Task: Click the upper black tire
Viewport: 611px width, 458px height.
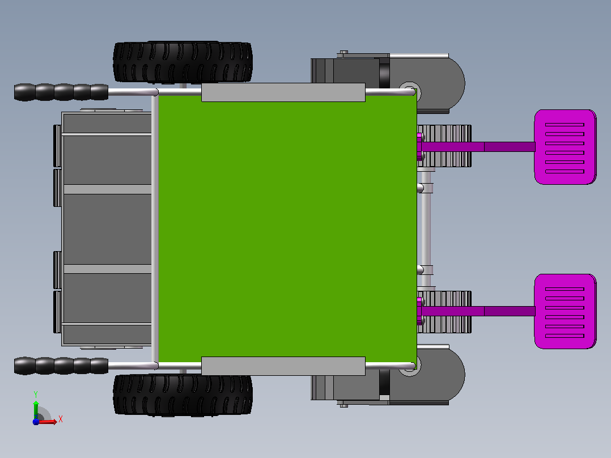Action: [x=183, y=62]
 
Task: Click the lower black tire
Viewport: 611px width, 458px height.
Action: [x=183, y=395]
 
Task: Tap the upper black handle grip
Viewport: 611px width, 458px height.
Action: [x=61, y=92]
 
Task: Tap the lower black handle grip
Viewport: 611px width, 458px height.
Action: [x=61, y=366]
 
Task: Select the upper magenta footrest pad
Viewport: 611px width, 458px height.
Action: [x=565, y=147]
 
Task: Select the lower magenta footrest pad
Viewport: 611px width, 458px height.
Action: [x=565, y=311]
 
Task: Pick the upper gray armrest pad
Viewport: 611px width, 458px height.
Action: [x=283, y=92]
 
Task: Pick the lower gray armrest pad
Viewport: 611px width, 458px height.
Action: [x=283, y=366]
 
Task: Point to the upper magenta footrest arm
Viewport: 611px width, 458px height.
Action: [x=478, y=147]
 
